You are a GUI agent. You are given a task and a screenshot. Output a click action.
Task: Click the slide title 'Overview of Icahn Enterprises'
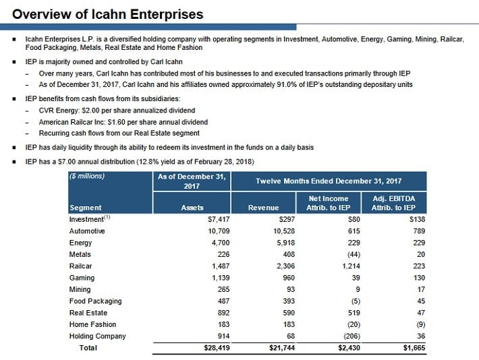click(108, 14)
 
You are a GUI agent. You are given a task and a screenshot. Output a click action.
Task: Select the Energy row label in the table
click(80, 243)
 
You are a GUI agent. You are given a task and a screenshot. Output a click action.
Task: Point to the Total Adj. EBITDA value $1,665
click(413, 348)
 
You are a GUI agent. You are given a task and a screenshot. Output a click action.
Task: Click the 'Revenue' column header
click(263, 208)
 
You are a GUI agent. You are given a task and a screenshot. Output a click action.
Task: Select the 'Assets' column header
click(192, 208)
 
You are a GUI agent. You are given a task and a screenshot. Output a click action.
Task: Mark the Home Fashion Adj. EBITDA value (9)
click(419, 324)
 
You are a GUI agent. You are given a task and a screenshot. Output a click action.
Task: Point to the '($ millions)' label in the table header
click(88, 177)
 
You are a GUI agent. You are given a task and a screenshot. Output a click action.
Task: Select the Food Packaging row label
click(92, 301)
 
